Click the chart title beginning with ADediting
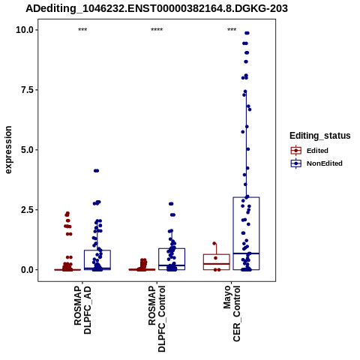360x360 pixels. coord(157,8)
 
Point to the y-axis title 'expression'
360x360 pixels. coord(8,150)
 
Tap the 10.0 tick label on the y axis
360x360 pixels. coord(25,30)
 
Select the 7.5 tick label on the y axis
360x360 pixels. coord(28,90)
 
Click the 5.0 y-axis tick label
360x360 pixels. coord(28,150)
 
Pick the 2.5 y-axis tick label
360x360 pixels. coord(28,209)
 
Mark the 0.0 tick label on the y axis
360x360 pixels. coord(28,269)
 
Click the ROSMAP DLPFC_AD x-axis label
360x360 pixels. coord(82,310)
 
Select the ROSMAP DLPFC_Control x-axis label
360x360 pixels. coord(157,319)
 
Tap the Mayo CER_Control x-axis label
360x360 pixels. coord(232,313)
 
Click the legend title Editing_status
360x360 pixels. coord(320,136)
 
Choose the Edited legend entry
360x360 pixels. coord(310,151)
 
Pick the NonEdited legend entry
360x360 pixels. coord(316,163)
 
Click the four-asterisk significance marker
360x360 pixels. coord(157,30)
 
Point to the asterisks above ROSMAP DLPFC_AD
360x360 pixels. coord(82,30)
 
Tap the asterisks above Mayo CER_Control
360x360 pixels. coord(232,30)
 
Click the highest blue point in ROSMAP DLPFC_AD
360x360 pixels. coord(97,171)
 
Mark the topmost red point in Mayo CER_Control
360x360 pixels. coord(214,243)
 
